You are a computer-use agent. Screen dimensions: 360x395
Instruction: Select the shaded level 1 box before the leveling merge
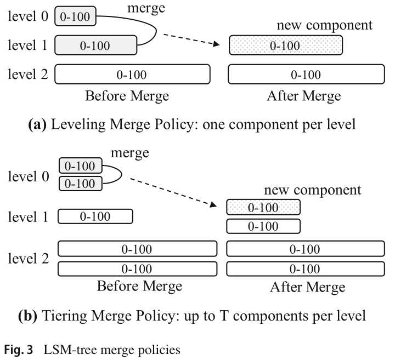click(x=95, y=45)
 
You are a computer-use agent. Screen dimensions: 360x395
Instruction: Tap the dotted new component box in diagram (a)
click(x=285, y=45)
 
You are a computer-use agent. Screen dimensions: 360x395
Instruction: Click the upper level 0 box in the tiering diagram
click(x=80, y=165)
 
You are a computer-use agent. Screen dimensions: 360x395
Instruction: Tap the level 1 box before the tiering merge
click(x=95, y=217)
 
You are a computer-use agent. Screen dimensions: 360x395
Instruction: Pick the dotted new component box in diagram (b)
click(x=263, y=208)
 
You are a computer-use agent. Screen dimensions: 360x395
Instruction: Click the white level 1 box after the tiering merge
click(x=263, y=226)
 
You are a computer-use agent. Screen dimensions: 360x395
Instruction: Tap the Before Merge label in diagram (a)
click(x=127, y=96)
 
